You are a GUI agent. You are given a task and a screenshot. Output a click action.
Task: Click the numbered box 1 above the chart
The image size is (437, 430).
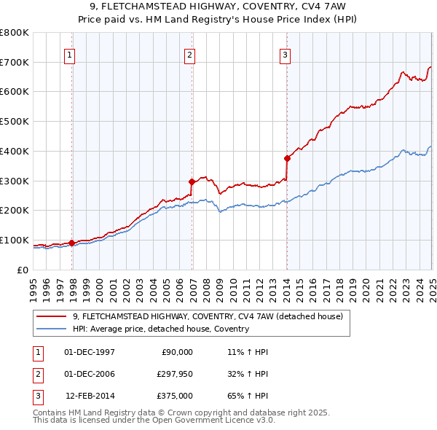point(69,54)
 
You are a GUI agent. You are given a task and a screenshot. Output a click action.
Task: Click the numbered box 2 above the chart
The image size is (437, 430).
point(189,54)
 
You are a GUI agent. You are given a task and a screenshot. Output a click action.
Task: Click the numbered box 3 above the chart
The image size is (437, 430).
point(285,54)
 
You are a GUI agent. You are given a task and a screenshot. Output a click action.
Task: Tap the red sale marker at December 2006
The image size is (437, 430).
point(192,181)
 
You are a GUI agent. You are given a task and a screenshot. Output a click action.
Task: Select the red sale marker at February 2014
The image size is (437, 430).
point(287,158)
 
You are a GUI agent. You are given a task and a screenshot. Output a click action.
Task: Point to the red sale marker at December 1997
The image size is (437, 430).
point(72,243)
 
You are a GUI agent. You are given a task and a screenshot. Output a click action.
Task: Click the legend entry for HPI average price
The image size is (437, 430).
point(161,329)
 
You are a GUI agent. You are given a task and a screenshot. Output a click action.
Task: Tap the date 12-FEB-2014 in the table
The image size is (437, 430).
point(90,396)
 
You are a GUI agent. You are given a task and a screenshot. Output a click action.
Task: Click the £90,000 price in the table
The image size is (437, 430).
point(176,352)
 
